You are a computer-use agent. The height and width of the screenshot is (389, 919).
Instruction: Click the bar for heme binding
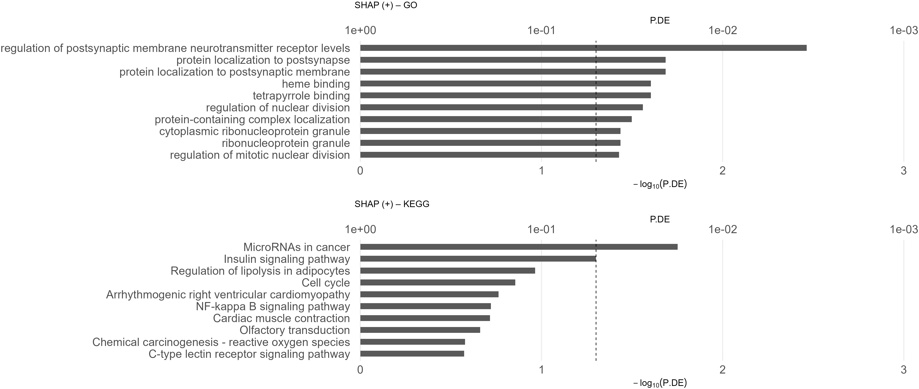point(505,84)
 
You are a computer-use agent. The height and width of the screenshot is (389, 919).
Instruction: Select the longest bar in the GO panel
point(583,48)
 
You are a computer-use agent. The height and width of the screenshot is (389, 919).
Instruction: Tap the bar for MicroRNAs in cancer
point(519,247)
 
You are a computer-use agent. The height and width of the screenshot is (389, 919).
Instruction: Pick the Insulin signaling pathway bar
point(478,259)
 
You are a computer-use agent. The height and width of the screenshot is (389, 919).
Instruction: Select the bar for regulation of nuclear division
point(501,107)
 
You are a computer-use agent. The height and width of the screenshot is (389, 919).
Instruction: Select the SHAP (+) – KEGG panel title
point(392,204)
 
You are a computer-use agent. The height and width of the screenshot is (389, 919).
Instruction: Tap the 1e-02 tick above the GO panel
point(722,30)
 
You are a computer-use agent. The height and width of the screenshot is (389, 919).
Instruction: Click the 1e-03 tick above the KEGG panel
point(903,229)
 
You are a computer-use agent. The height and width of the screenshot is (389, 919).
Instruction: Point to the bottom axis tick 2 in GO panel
point(722,171)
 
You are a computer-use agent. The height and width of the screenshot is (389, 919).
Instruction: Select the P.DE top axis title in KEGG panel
point(660,219)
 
